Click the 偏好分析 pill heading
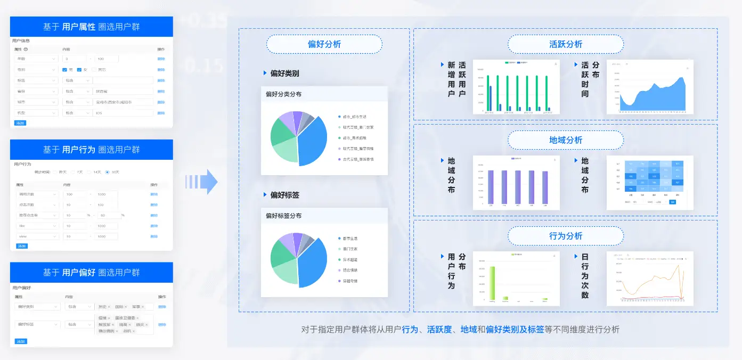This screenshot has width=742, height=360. [324, 44]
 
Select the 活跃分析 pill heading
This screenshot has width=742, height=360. [565, 44]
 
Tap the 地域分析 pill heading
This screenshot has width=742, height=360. [565, 140]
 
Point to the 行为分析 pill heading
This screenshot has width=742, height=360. [565, 236]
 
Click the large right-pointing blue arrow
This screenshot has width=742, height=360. [202, 182]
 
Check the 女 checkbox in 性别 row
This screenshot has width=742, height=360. [79, 70]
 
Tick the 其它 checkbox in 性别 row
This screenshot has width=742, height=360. [94, 70]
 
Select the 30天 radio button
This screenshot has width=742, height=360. [108, 172]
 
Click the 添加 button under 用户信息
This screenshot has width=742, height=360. [20, 123]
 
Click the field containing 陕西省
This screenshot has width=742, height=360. [123, 91]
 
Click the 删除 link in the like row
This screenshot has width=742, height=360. [154, 226]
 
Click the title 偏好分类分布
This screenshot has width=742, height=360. [283, 94]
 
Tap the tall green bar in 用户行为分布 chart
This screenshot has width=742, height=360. [492, 282]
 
